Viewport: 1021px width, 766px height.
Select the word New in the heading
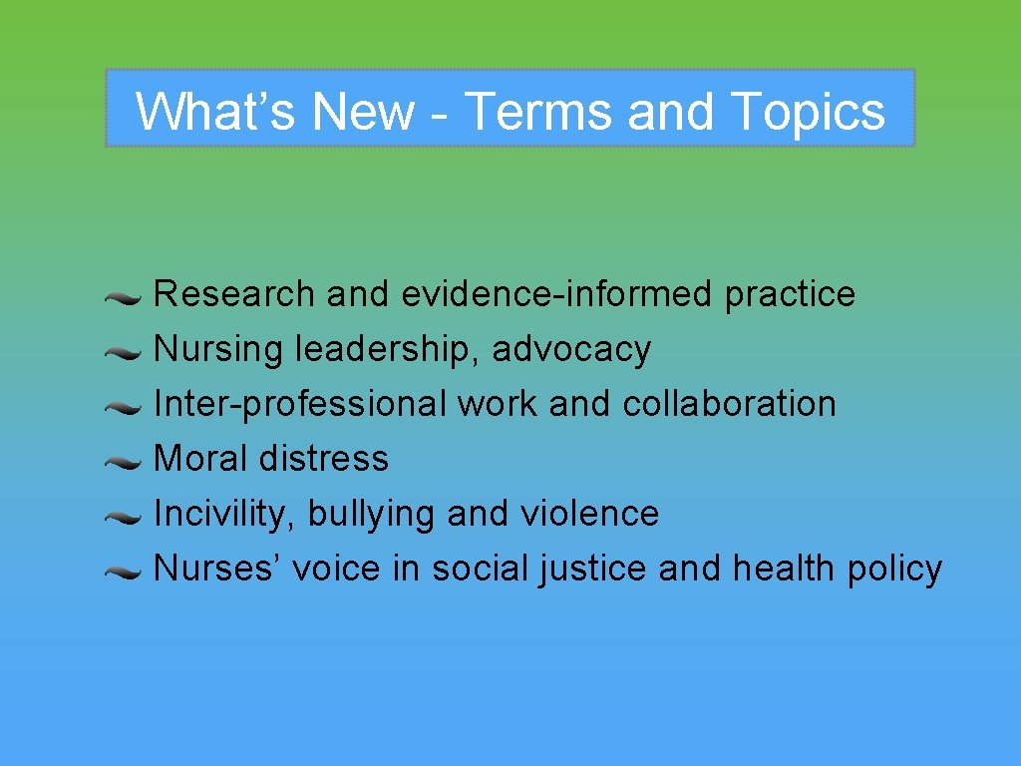point(363,111)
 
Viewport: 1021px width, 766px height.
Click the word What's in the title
point(215,111)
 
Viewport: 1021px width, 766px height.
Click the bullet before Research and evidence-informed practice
point(126,297)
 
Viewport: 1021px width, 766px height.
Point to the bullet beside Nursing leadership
point(126,352)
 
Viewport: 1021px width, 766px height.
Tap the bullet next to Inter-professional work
point(126,407)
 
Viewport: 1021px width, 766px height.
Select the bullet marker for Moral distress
point(126,462)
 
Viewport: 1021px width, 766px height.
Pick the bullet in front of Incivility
point(126,517)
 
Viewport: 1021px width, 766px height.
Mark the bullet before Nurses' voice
point(126,572)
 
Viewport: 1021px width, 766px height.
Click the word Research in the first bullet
point(234,294)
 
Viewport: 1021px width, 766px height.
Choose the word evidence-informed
point(557,294)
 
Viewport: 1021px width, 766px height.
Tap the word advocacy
point(571,349)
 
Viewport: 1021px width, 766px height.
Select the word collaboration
point(729,404)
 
